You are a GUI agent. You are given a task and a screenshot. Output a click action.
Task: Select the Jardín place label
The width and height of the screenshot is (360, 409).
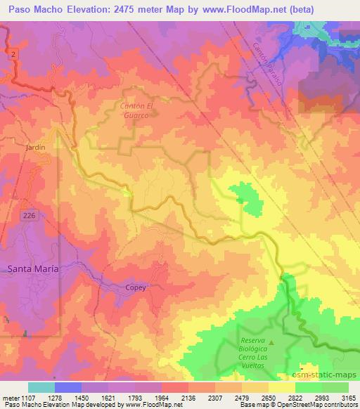tap(34, 148)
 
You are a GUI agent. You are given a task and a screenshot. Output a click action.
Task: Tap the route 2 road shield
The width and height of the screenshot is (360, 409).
tap(13, 54)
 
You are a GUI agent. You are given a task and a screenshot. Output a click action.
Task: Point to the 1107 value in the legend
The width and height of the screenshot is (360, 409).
tap(24, 398)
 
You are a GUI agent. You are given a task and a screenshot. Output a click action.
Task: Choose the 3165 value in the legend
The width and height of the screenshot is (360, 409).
tap(348, 398)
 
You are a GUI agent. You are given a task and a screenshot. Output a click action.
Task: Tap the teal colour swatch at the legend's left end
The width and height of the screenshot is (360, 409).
tap(41, 387)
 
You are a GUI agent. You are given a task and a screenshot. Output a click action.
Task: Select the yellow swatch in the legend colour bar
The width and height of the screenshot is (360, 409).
tap(282, 387)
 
